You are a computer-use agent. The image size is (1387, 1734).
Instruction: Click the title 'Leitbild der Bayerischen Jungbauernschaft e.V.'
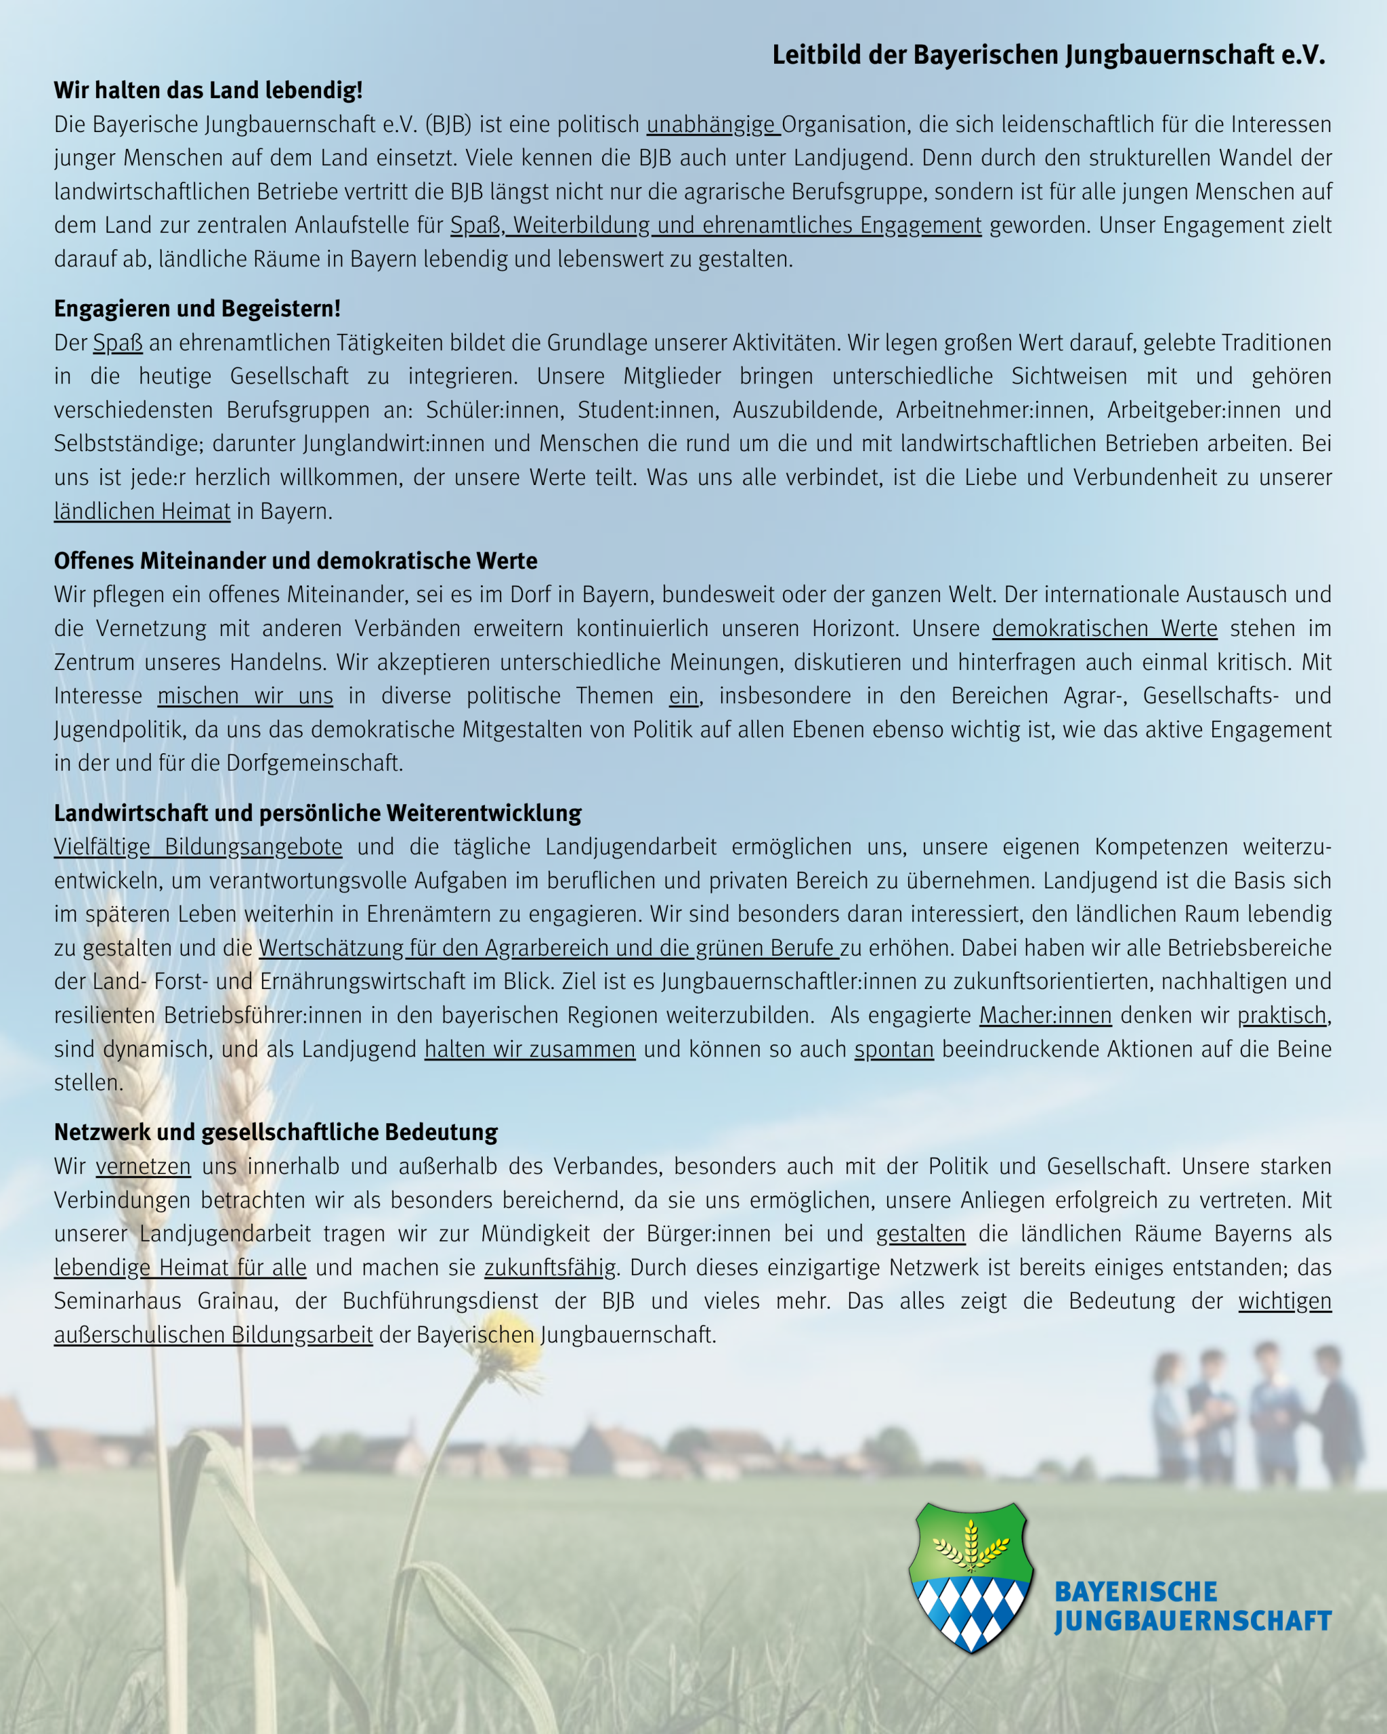pyautogui.click(x=1048, y=55)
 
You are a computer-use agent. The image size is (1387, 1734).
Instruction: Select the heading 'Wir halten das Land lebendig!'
pyautogui.click(x=208, y=90)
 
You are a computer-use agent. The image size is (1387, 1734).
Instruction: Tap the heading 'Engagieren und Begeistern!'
pyautogui.click(x=197, y=309)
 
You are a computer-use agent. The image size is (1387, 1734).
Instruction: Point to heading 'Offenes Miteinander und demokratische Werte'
pyautogui.click(x=295, y=561)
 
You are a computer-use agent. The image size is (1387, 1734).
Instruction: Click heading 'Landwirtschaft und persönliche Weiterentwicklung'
pyautogui.click(x=318, y=813)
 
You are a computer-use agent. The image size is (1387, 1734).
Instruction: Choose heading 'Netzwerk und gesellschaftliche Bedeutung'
pyautogui.click(x=276, y=1133)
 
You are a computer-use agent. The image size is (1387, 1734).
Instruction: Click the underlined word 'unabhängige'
pyautogui.click(x=712, y=125)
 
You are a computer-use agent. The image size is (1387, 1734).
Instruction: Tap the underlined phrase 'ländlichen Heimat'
pyautogui.click(x=142, y=511)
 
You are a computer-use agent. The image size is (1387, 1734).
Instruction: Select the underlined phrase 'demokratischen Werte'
pyautogui.click(x=1104, y=628)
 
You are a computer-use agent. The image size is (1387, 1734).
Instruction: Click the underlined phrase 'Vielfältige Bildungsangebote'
pyautogui.click(x=198, y=847)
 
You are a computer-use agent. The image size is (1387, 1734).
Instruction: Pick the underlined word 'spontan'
pyautogui.click(x=893, y=1050)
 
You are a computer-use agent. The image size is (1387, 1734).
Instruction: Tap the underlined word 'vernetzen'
pyautogui.click(x=143, y=1167)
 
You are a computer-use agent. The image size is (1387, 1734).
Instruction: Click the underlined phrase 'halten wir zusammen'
pyautogui.click(x=530, y=1050)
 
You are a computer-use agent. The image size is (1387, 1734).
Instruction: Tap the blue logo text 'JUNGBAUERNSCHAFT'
pyautogui.click(x=1193, y=1622)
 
